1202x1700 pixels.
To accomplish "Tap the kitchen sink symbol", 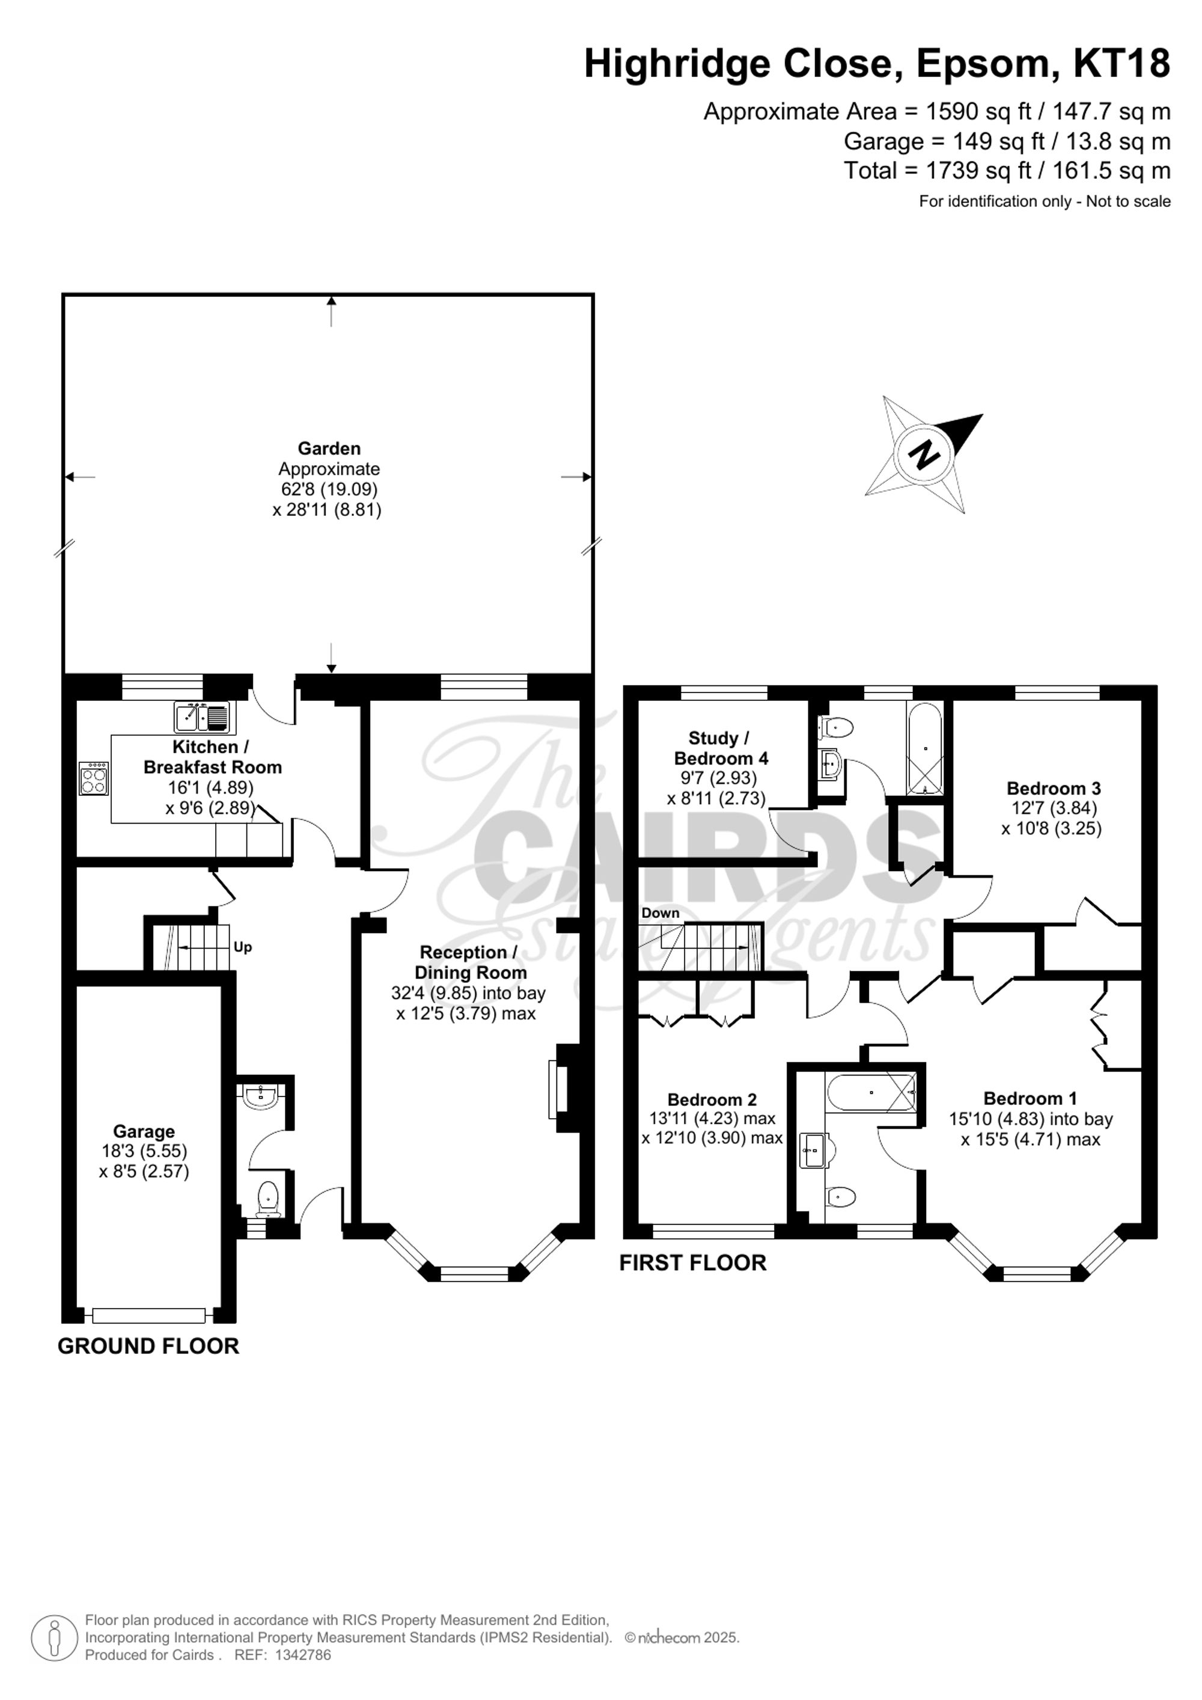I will pos(202,717).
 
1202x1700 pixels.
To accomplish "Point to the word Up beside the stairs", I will pos(243,947).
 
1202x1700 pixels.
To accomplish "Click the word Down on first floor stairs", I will pos(660,913).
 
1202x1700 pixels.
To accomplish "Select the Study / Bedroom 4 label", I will pos(720,748).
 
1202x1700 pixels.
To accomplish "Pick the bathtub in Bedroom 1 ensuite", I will pos(871,1093).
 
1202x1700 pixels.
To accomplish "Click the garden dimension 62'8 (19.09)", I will pos(329,489).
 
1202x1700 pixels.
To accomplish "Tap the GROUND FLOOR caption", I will pos(148,1346).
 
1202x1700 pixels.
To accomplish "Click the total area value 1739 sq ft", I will pos(978,171).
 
